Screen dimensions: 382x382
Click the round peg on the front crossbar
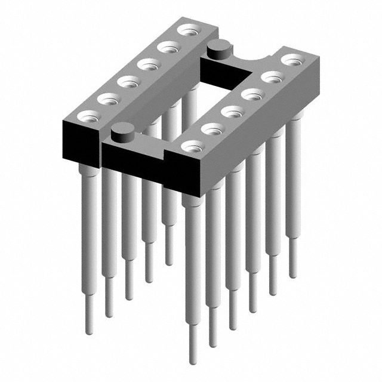point(122,130)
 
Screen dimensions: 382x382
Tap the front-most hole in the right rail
point(192,146)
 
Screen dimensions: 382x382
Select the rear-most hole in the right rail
point(291,60)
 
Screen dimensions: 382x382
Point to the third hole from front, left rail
point(128,81)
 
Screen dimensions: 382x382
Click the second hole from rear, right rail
point(272,76)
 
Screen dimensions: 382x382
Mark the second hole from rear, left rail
point(169,46)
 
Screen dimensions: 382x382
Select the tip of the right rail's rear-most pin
point(293,276)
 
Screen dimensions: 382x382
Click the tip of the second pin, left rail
point(109,314)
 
